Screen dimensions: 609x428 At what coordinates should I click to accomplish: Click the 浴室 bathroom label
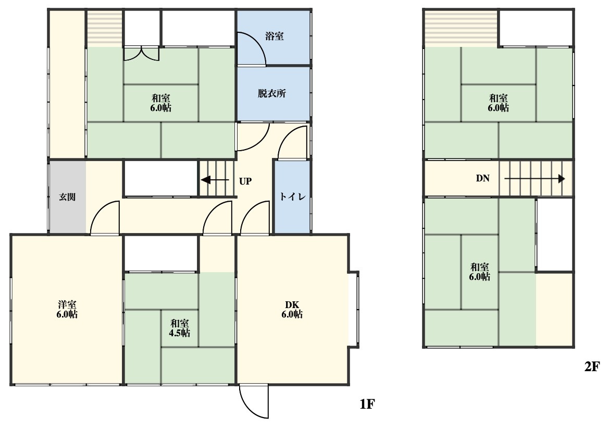[x=274, y=36]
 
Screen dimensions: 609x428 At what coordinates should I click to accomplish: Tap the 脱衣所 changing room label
[x=272, y=93]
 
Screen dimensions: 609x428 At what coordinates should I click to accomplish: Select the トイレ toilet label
[x=292, y=197]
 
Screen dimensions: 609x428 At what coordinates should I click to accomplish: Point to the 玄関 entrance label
[x=67, y=197]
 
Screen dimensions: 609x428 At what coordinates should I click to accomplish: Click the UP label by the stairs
[x=245, y=181]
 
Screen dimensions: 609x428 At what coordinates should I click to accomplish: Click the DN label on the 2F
[x=483, y=178]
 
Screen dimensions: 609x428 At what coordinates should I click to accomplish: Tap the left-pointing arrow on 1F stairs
[x=215, y=180]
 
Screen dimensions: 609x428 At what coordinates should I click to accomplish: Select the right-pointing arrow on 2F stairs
[x=535, y=179]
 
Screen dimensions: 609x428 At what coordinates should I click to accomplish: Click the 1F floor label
[x=367, y=405]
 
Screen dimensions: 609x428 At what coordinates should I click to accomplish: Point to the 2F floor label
[x=592, y=366]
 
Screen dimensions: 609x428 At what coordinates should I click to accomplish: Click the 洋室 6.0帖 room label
[x=67, y=310]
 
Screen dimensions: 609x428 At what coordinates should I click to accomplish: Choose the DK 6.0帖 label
[x=292, y=310]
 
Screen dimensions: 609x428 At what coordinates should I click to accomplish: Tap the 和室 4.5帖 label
[x=179, y=328]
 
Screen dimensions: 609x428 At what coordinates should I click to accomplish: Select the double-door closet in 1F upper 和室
[x=141, y=54]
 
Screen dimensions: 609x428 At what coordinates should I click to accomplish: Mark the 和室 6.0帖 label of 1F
[x=161, y=103]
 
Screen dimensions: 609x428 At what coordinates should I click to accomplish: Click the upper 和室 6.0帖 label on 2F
[x=499, y=103]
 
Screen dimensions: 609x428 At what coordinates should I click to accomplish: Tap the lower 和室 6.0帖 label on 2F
[x=480, y=272]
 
